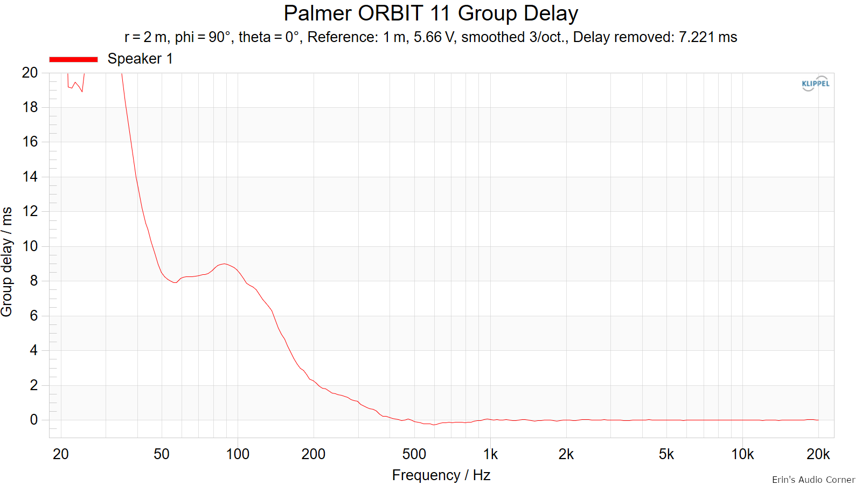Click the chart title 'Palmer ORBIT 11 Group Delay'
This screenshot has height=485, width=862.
[x=430, y=14]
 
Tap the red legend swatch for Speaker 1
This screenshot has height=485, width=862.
[x=73, y=59]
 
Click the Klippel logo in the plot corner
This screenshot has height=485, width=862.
[x=816, y=84]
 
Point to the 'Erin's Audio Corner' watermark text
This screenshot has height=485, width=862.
[x=814, y=480]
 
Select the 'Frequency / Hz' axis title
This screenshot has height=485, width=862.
[x=441, y=475]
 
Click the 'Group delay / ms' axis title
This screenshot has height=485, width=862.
[x=7, y=262]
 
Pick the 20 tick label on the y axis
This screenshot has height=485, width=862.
[x=30, y=72]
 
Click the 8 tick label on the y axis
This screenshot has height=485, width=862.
[x=34, y=281]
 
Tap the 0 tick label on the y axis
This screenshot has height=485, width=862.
[x=34, y=420]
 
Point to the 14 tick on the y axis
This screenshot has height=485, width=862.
[x=30, y=177]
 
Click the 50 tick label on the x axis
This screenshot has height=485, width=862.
[x=162, y=454]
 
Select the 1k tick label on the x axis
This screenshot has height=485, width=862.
[x=490, y=454]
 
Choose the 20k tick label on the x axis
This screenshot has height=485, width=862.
[x=818, y=454]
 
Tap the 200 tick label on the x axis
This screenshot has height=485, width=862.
[x=313, y=454]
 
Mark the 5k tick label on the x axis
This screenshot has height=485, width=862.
[x=666, y=454]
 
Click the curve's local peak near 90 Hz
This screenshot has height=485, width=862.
[x=224, y=264]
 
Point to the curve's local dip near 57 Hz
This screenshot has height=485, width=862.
[x=175, y=282]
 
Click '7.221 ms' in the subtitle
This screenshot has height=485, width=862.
[x=708, y=37]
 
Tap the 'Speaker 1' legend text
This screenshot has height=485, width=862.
[x=140, y=59]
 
